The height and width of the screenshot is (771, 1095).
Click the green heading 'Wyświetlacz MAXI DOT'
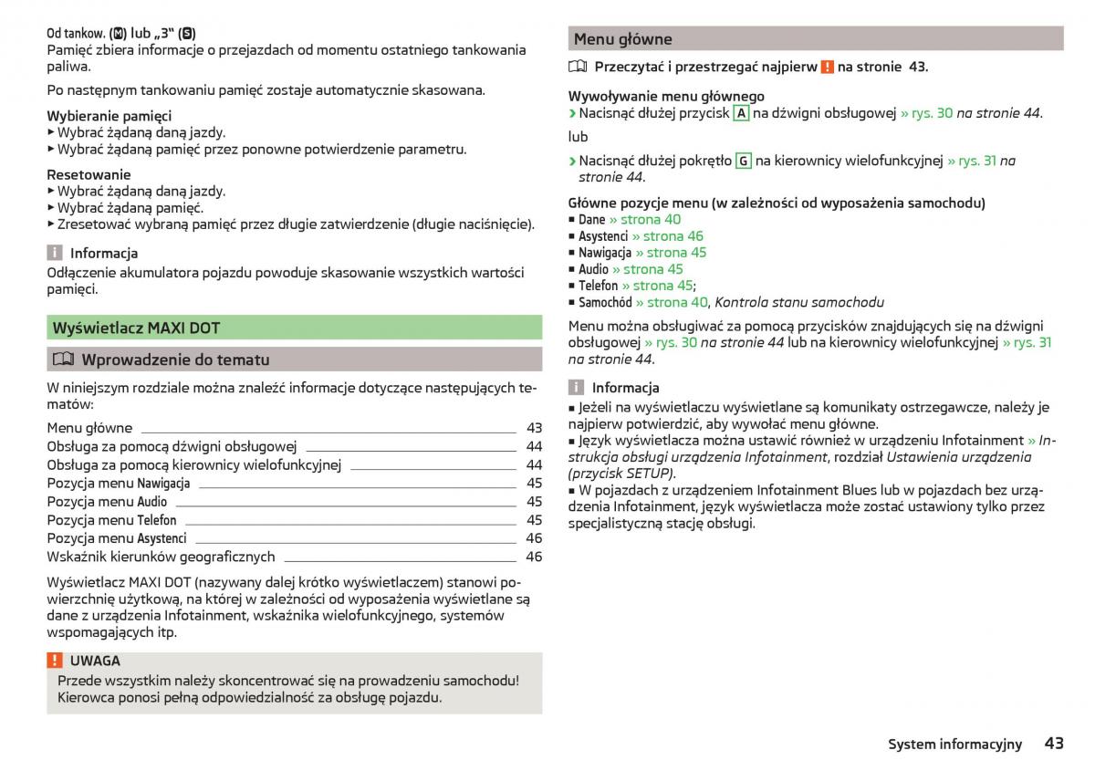[x=136, y=328]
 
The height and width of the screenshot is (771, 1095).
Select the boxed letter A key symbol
[x=742, y=113]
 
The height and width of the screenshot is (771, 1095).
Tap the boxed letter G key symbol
[x=743, y=161]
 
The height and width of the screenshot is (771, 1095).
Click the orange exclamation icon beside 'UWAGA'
[x=55, y=661]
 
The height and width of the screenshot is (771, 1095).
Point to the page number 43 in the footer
[x=1054, y=744]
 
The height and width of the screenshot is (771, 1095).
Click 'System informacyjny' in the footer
[x=954, y=745]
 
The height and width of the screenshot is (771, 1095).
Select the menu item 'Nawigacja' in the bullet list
[x=604, y=253]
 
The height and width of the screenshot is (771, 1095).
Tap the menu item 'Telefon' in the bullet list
[x=598, y=286]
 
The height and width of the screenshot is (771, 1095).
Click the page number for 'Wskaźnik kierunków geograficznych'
[x=534, y=557]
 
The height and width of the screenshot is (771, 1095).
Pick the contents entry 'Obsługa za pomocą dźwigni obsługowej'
[x=172, y=446]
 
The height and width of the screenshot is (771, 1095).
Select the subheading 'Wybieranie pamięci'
[x=109, y=116]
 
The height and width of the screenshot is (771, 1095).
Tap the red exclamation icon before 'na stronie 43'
[x=827, y=67]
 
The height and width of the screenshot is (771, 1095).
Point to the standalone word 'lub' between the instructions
[x=578, y=137]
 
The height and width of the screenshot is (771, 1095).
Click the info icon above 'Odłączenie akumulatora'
[x=55, y=253]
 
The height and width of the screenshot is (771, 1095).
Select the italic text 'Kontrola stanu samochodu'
[x=799, y=302]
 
